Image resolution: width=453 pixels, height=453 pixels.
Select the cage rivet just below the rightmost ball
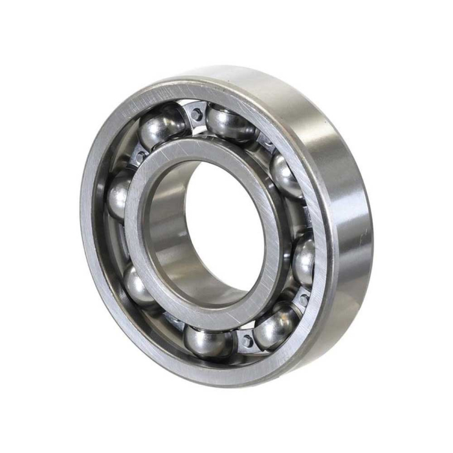(302, 299)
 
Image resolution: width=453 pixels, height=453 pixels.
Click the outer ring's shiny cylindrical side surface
(349, 214)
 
